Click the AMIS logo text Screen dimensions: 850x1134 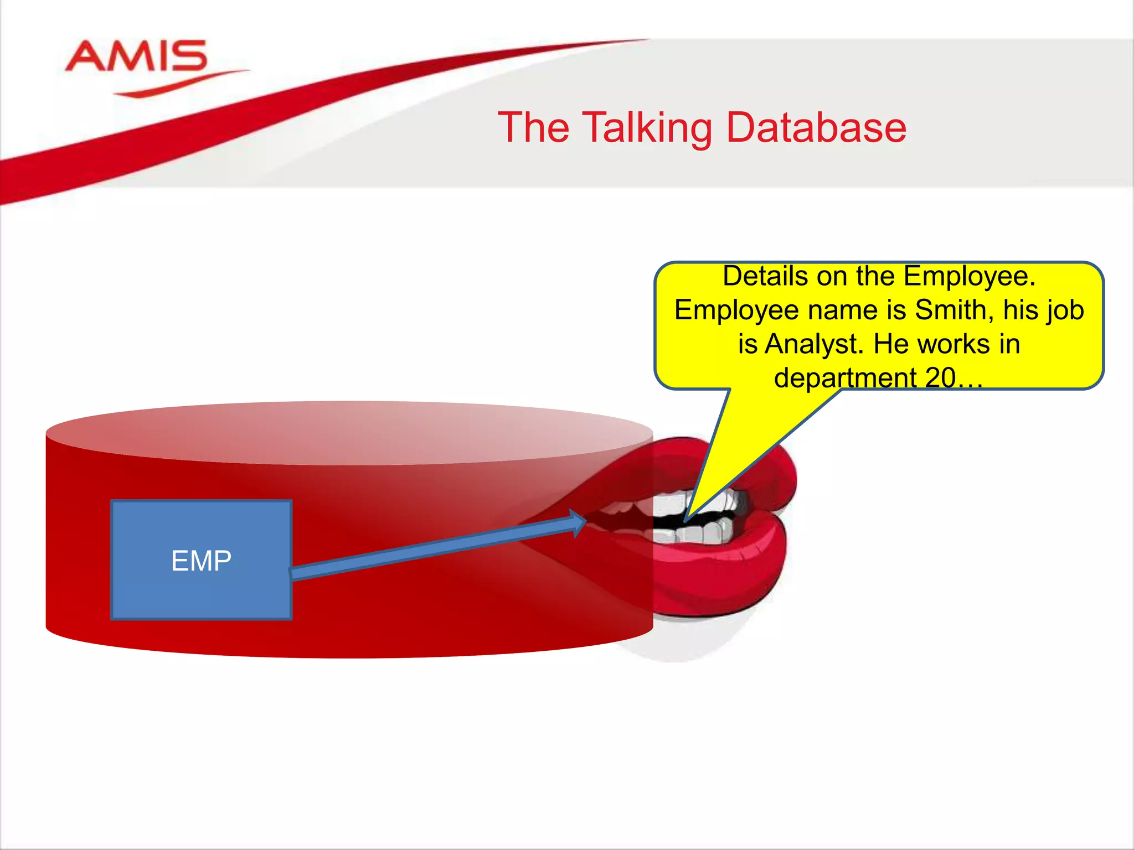click(x=136, y=56)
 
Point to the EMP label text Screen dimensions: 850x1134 click(x=201, y=561)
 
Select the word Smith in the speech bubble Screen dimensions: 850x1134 click(x=947, y=310)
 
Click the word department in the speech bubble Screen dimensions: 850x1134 click(x=845, y=378)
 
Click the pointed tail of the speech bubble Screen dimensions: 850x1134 click(x=689, y=515)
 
